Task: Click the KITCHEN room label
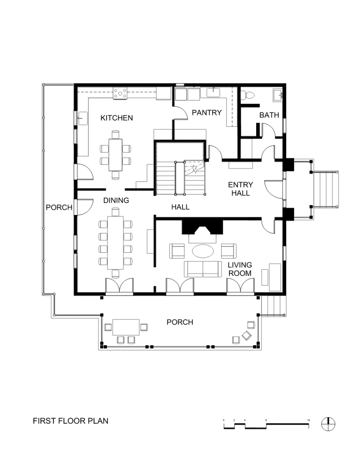point(117,118)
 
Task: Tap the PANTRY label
point(207,113)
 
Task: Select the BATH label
point(269,115)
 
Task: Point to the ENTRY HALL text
point(241,189)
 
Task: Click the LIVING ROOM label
point(240,269)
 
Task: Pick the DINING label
point(116,200)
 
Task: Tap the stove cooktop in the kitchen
point(120,93)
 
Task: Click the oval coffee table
point(203,251)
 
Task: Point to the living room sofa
point(203,269)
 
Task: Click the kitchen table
point(116,155)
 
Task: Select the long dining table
point(116,242)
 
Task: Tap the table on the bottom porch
point(126,327)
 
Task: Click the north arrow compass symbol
point(328,424)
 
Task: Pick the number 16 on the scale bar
point(309,420)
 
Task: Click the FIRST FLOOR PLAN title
point(71,421)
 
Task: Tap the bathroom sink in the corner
point(278,95)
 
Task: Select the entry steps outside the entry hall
point(326,189)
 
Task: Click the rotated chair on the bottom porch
point(247,336)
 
